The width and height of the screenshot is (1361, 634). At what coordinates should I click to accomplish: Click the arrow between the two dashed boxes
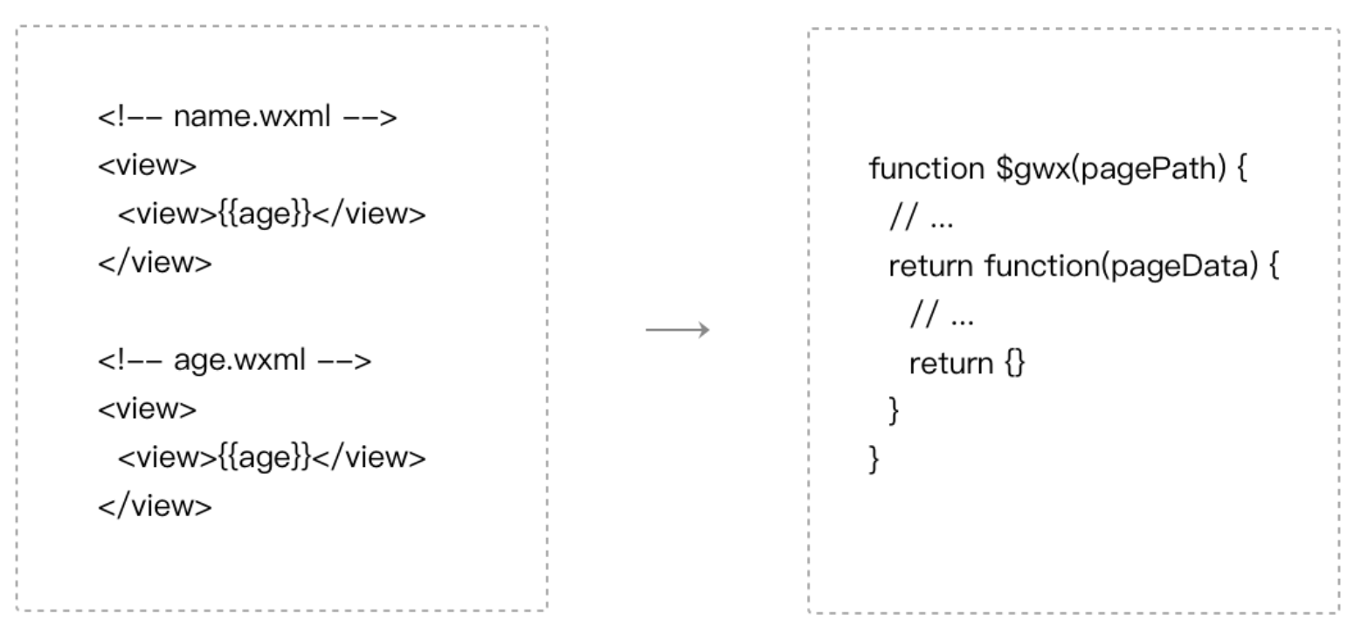(677, 330)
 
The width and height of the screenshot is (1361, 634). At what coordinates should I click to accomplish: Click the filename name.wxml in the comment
(252, 116)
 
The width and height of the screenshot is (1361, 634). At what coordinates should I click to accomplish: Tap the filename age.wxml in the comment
(239, 360)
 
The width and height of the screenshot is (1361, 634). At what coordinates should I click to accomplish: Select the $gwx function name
(1033, 169)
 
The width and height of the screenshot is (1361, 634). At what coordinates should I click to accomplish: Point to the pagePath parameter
(1150, 169)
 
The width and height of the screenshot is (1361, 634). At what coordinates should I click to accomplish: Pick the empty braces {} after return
(1015, 363)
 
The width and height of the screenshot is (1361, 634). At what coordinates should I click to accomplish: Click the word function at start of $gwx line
(927, 169)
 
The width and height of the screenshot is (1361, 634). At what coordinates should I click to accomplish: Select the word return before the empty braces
(951, 364)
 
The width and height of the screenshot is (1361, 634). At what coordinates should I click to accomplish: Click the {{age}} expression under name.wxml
(265, 214)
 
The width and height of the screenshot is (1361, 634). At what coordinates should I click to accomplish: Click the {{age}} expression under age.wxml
(265, 457)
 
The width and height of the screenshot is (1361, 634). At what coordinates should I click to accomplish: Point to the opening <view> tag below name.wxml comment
(147, 165)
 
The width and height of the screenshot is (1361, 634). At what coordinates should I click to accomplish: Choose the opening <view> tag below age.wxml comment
(147, 409)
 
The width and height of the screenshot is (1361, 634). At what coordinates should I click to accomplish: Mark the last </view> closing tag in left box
(155, 506)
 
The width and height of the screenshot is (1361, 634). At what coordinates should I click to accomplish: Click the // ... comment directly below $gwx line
(921, 217)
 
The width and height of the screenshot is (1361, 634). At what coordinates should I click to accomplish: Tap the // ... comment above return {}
(942, 315)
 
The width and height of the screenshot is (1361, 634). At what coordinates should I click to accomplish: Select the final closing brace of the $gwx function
(874, 460)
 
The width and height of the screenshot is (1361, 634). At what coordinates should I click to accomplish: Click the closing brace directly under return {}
(894, 411)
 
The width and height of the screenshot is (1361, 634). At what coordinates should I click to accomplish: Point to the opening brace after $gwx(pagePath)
(1242, 169)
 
